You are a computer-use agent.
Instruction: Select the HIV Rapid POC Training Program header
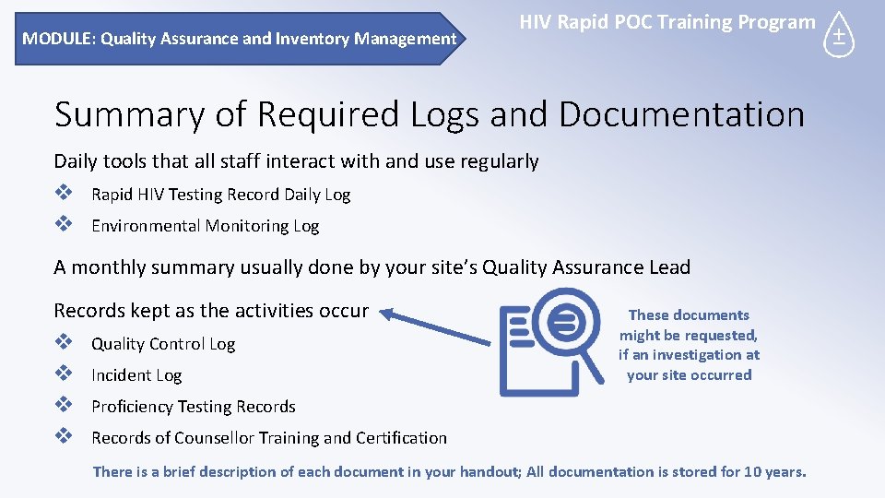click(x=667, y=22)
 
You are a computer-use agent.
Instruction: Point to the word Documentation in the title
click(x=681, y=114)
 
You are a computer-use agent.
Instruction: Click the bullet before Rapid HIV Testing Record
click(x=63, y=194)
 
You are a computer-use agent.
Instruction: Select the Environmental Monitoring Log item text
click(x=205, y=226)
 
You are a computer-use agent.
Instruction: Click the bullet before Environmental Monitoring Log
click(x=63, y=225)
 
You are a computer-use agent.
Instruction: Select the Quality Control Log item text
click(x=163, y=344)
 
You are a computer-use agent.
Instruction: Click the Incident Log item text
click(x=136, y=375)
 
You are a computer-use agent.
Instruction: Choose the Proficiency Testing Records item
click(x=193, y=407)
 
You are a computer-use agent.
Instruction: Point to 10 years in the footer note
click(x=773, y=472)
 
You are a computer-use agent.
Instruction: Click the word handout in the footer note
click(x=486, y=472)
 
